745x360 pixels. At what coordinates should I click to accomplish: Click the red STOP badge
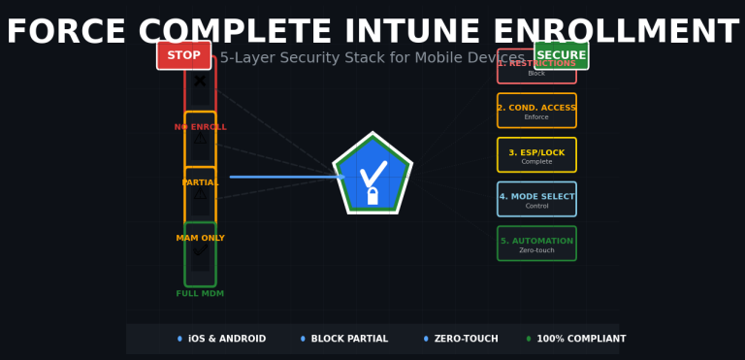click(183, 55)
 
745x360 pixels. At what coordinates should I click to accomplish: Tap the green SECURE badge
click(561, 55)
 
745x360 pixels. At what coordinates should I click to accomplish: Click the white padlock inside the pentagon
click(372, 197)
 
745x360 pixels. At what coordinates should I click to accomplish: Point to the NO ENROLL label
click(200, 127)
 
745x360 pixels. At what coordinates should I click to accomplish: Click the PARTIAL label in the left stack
click(200, 182)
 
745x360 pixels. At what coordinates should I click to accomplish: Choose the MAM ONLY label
click(200, 238)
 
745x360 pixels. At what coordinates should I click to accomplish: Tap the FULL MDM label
click(200, 293)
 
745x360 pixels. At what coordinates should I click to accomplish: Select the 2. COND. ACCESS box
click(536, 111)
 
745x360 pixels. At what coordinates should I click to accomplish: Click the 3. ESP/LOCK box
click(536, 155)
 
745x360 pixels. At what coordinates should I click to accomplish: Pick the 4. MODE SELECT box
click(536, 199)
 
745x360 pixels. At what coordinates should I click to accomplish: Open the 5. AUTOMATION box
click(536, 244)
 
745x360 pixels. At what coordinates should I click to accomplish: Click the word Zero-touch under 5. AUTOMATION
click(536, 250)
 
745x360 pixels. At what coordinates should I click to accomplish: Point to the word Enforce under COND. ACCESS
click(536, 117)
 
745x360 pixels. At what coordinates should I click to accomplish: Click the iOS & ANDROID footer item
click(226, 339)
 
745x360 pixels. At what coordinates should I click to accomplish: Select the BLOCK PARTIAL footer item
click(349, 339)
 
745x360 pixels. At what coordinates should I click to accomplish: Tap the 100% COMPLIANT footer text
click(581, 339)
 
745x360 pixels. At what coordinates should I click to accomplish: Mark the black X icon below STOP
click(200, 81)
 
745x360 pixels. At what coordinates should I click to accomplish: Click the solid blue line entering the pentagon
click(281, 177)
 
